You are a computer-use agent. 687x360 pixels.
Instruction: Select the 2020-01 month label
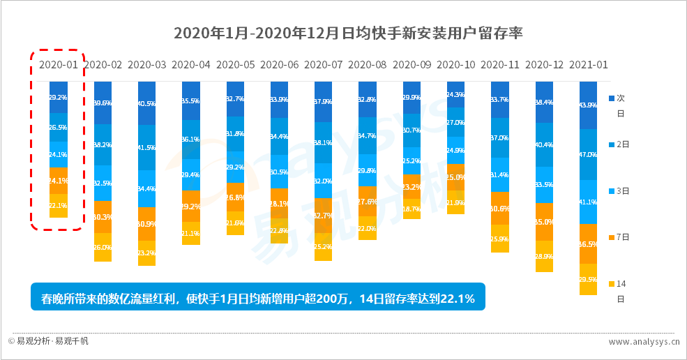point(58,64)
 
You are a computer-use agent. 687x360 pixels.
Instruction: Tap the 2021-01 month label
point(589,64)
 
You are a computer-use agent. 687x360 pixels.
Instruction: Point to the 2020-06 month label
point(279,64)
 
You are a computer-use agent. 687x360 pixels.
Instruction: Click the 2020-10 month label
point(456,64)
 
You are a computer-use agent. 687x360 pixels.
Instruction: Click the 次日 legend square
point(612,98)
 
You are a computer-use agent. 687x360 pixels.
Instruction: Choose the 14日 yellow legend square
point(612,284)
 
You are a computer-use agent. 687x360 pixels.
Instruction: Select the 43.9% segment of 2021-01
point(589,105)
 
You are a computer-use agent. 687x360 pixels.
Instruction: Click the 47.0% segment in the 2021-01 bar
point(589,155)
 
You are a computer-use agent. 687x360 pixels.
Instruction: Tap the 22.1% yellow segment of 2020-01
point(59,206)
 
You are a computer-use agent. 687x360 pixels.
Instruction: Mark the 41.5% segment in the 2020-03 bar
point(146,148)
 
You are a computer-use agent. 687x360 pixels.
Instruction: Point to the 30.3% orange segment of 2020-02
point(103,217)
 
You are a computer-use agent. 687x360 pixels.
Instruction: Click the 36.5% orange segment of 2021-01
point(589,244)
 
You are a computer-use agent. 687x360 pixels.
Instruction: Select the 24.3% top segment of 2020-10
point(455,94)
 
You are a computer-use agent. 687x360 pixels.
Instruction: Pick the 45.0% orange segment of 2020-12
point(544,222)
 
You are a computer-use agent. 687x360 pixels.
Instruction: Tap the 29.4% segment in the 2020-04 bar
point(190,175)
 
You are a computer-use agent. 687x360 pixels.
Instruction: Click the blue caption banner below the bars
point(257,299)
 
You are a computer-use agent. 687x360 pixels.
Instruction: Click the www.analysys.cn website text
point(644,342)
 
